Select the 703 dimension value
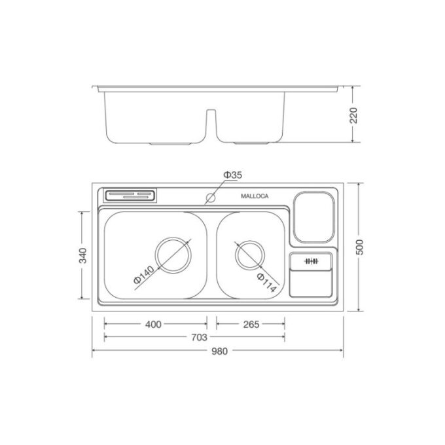click(200, 338)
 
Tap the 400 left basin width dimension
click(154, 324)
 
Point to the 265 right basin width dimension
click(251, 324)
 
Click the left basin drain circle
click(173, 253)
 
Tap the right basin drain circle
click(249, 255)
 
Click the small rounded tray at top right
click(313, 217)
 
